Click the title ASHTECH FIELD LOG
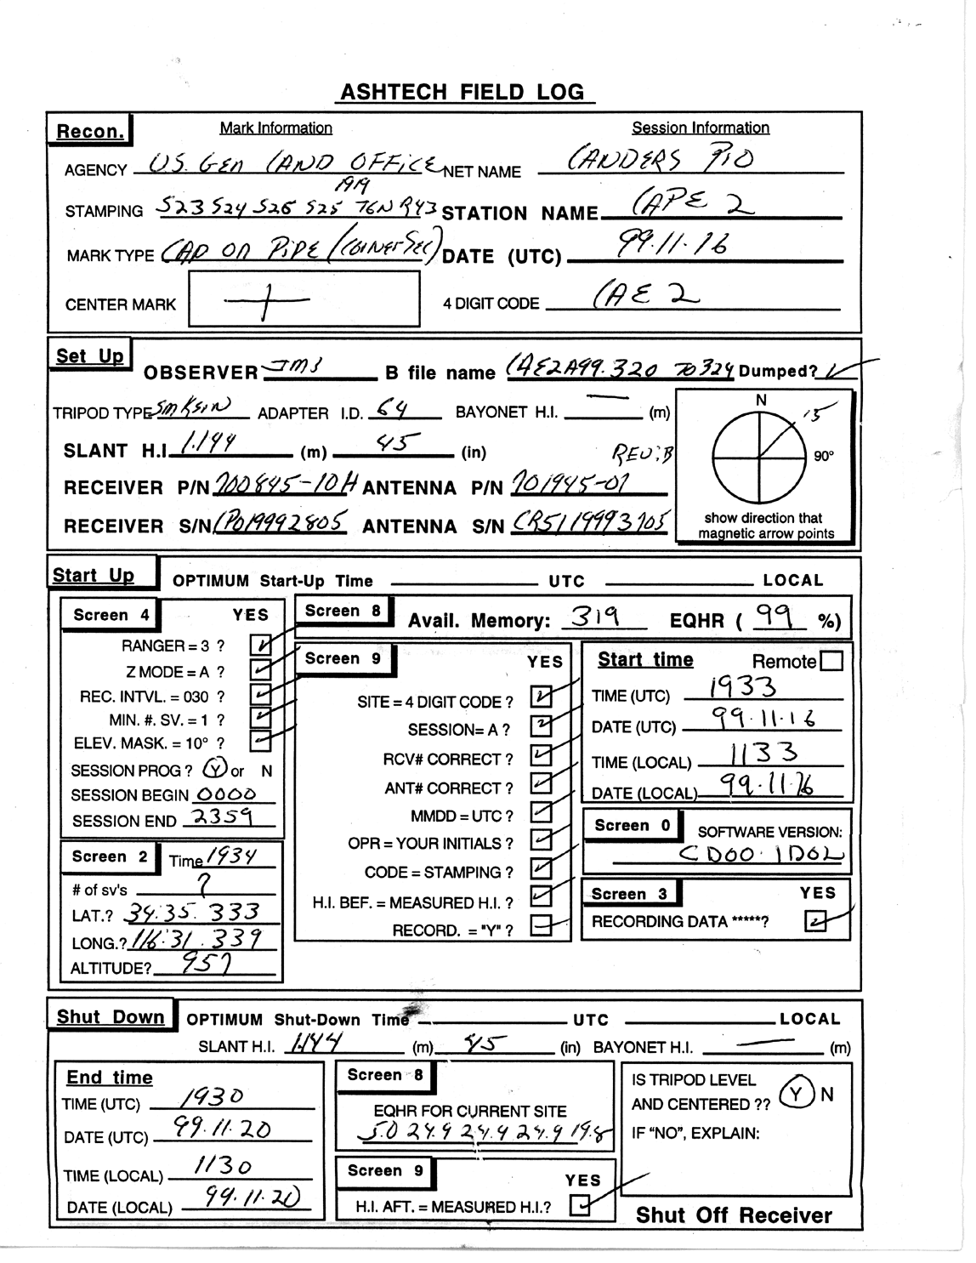[x=463, y=92]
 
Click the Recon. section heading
[x=89, y=132]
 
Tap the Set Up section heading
[x=89, y=356]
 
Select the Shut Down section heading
[x=111, y=1017]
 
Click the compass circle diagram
[x=758, y=453]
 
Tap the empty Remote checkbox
[x=833, y=661]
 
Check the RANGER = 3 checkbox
[x=260, y=645]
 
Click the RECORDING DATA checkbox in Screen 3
[x=815, y=922]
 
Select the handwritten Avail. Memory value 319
[x=594, y=617]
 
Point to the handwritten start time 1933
[x=743, y=686]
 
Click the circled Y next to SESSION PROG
[x=214, y=769]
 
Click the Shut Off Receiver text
[x=734, y=1215]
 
